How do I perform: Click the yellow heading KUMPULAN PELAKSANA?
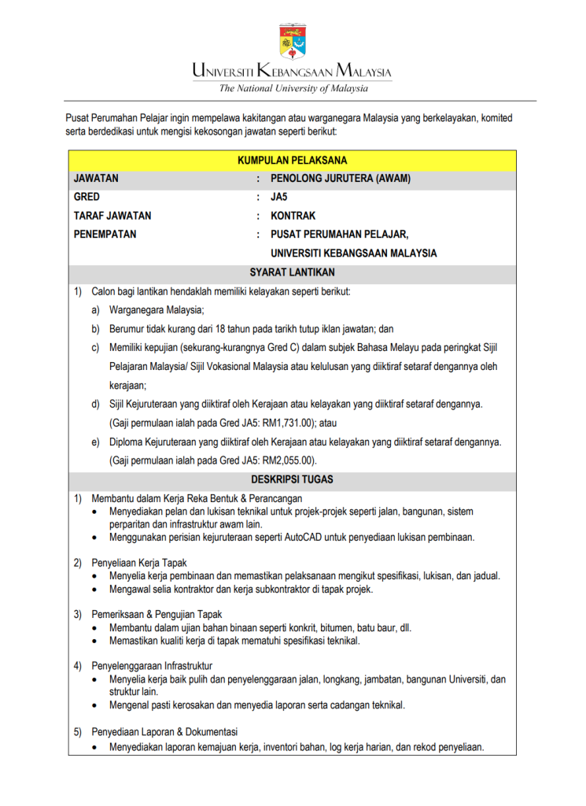[x=292, y=161]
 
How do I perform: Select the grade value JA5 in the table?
[x=279, y=197]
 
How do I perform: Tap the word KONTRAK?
[x=293, y=216]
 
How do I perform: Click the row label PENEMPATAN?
[x=105, y=235]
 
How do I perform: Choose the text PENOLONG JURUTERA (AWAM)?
[x=340, y=179]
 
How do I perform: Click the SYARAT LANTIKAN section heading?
[x=292, y=272]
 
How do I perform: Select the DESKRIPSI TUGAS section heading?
[x=292, y=479]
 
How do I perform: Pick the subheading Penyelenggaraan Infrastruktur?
[x=152, y=666]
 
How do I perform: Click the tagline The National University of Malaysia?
[x=293, y=88]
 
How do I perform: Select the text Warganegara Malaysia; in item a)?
[x=157, y=310]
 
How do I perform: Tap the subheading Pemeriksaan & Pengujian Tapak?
[x=157, y=615]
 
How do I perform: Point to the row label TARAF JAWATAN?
[x=112, y=216]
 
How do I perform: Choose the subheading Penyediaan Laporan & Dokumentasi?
[x=164, y=731]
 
